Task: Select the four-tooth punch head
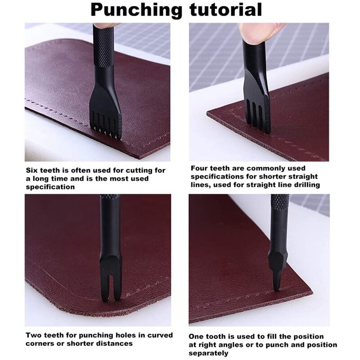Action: click(258, 106)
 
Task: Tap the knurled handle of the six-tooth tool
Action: click(103, 45)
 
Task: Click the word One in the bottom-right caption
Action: click(198, 337)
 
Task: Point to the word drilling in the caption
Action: click(305, 185)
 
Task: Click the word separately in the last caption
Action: click(209, 353)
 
